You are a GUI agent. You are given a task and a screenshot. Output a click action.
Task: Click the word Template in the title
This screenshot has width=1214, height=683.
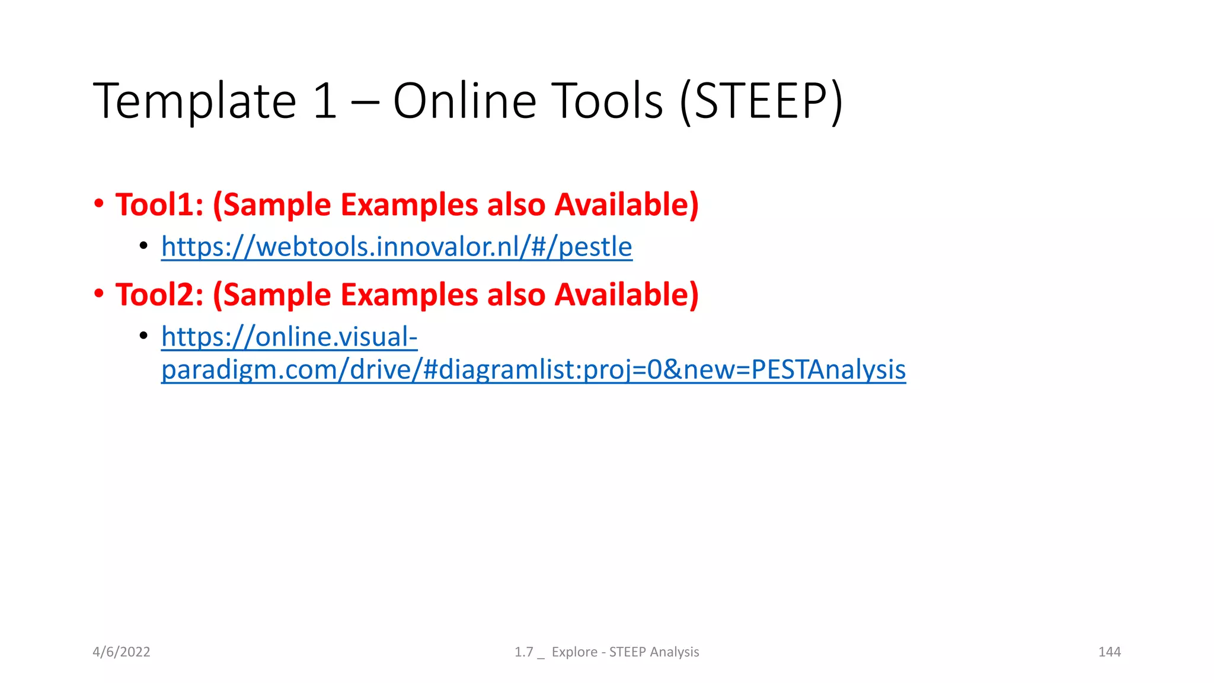tap(194, 102)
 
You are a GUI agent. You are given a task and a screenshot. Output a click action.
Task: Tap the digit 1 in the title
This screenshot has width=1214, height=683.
tap(325, 102)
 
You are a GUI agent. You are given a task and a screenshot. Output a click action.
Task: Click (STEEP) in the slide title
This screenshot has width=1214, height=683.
tap(761, 102)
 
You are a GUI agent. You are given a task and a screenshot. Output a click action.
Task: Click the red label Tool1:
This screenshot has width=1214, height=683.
tap(159, 205)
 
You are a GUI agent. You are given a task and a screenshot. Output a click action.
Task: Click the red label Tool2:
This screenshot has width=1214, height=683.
tap(159, 295)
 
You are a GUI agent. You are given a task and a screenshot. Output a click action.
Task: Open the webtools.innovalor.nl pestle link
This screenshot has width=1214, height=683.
tap(397, 247)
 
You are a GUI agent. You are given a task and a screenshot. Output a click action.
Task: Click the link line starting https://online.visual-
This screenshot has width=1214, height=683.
tap(289, 337)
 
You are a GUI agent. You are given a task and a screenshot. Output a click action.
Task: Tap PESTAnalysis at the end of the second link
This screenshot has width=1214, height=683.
tap(828, 370)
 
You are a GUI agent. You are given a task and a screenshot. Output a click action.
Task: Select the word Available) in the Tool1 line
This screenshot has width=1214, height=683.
tap(627, 205)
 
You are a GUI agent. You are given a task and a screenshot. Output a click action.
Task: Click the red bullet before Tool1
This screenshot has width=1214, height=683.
tap(99, 205)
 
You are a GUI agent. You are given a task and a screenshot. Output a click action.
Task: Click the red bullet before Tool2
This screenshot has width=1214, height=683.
tap(99, 294)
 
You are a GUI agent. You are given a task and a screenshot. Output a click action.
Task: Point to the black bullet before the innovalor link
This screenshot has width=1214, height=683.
tap(143, 245)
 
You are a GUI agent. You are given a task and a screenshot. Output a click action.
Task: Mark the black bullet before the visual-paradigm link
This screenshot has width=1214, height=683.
tap(143, 336)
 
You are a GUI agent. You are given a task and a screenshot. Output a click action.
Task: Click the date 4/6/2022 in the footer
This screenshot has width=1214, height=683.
tap(122, 652)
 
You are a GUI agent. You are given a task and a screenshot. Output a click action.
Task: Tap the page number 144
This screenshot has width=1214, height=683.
tap(1109, 652)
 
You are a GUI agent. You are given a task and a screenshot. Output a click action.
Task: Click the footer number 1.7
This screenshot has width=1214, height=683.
tap(524, 652)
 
